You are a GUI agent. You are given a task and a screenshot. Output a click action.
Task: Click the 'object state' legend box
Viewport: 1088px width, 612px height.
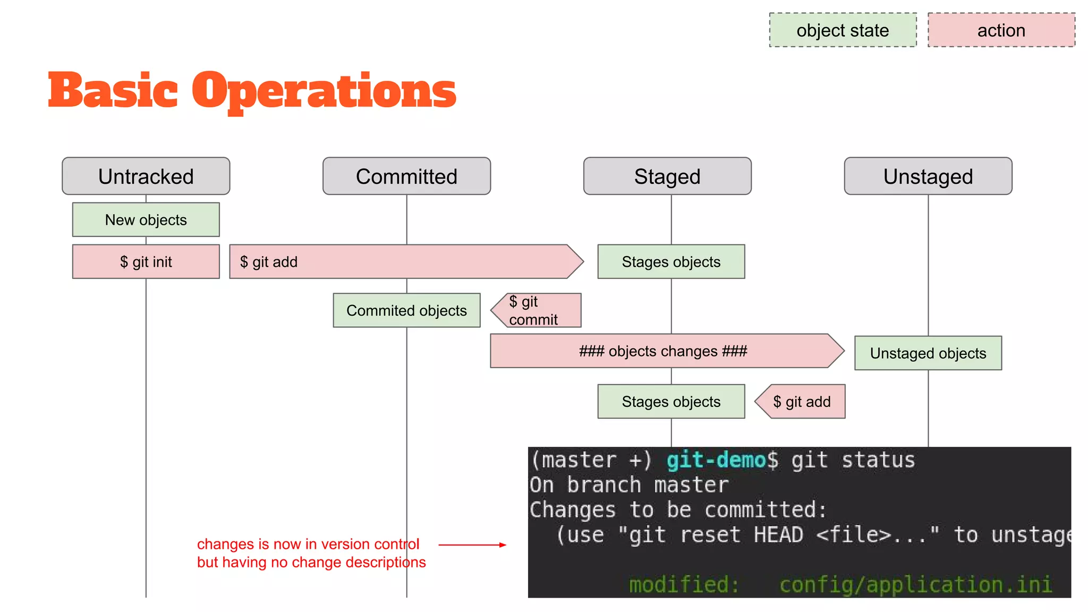click(x=843, y=30)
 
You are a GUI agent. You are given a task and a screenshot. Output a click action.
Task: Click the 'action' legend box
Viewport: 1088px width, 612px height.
click(x=1001, y=30)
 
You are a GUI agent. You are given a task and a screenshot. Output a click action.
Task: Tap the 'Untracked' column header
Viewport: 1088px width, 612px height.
click(x=146, y=176)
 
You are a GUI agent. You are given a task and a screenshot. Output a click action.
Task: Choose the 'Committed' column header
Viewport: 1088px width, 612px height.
click(x=406, y=176)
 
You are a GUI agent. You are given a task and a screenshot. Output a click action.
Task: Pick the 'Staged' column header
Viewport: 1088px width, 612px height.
click(x=667, y=176)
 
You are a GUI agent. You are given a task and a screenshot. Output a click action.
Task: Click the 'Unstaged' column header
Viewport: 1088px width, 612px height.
click(x=928, y=176)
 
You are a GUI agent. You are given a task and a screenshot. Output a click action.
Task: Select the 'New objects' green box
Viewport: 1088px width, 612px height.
click(x=146, y=219)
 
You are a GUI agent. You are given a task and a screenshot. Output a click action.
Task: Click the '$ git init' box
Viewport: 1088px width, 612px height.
click(x=146, y=261)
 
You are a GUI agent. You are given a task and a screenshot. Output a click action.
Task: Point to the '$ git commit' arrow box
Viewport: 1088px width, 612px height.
click(x=537, y=310)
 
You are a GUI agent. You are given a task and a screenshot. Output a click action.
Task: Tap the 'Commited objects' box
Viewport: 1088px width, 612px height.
click(x=406, y=310)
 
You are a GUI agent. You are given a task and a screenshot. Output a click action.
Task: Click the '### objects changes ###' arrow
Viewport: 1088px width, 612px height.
click(x=663, y=351)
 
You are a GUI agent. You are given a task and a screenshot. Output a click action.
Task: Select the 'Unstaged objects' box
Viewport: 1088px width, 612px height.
click(x=928, y=353)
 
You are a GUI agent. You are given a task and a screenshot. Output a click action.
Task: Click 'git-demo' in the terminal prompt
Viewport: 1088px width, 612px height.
click(x=716, y=460)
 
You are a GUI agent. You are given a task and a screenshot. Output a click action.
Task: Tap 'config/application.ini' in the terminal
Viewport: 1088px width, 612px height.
click(x=915, y=584)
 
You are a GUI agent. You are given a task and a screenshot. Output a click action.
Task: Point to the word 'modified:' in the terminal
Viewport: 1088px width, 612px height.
click(x=684, y=584)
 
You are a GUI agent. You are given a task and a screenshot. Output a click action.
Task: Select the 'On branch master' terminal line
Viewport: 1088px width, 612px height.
click(x=629, y=485)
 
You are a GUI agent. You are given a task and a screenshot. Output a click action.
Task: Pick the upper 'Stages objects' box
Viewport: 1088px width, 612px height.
click(x=671, y=261)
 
